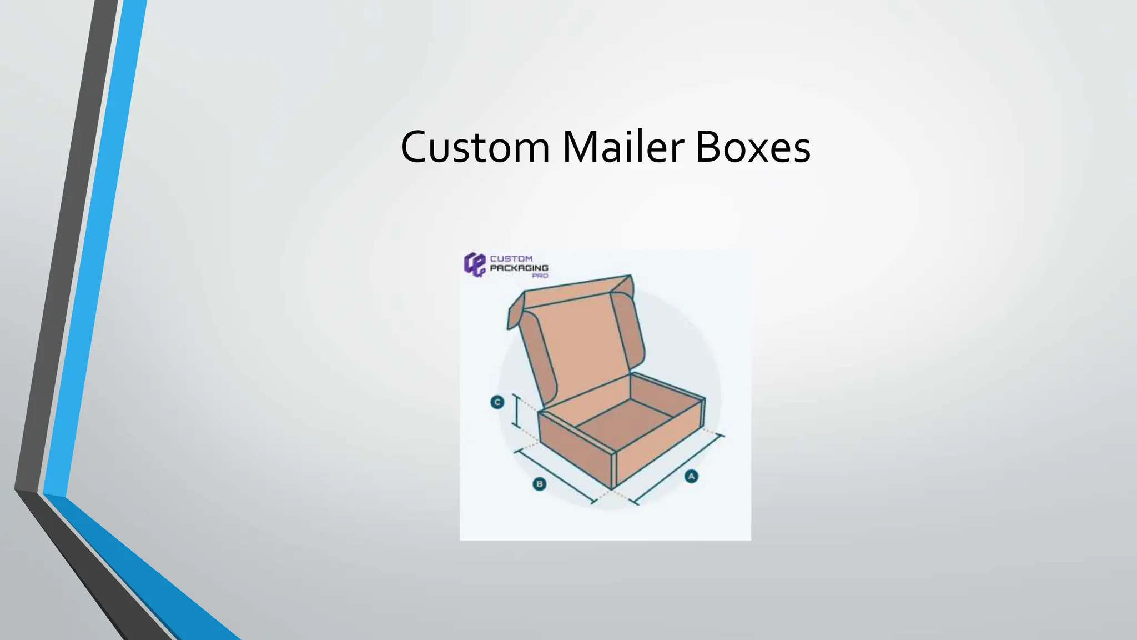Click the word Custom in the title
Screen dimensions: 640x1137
(x=475, y=147)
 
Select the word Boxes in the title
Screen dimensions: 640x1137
(x=752, y=147)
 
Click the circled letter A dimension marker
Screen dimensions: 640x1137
(x=691, y=476)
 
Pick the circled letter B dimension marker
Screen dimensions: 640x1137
(x=539, y=484)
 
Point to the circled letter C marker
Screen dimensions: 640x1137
(x=497, y=402)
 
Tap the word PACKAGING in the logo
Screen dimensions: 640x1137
(x=519, y=268)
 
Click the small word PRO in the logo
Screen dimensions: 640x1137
(x=540, y=276)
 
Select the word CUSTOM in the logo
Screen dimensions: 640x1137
(x=511, y=258)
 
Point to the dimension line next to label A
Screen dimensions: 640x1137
(x=678, y=470)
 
